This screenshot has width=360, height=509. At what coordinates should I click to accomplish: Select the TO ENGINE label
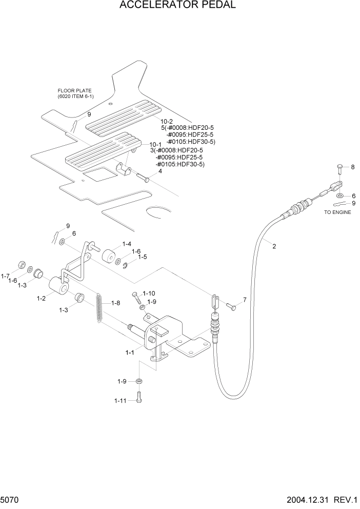click(337, 212)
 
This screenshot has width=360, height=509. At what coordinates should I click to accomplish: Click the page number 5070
click(11, 499)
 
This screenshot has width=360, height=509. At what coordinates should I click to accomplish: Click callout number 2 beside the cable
click(274, 246)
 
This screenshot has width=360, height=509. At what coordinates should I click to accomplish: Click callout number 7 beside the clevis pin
click(244, 300)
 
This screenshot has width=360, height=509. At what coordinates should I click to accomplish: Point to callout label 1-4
click(127, 244)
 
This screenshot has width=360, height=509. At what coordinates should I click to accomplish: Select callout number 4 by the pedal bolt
click(160, 171)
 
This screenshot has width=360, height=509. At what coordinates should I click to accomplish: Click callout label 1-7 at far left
click(6, 276)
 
